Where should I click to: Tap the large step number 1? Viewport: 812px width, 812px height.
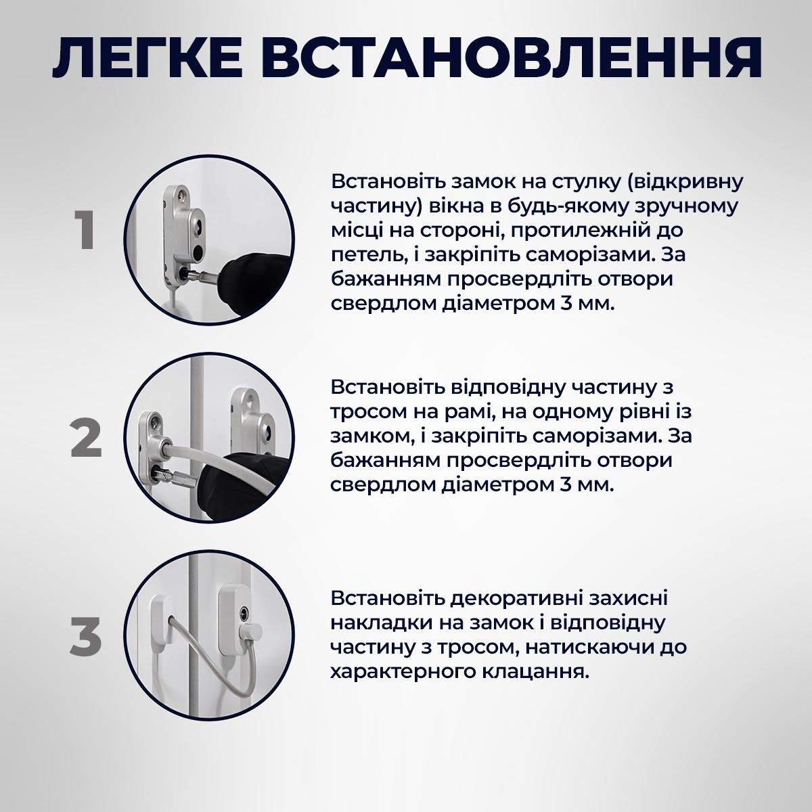[x=84, y=231]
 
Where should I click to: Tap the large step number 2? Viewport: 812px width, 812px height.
[x=86, y=438]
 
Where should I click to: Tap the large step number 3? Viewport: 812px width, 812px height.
[x=86, y=637]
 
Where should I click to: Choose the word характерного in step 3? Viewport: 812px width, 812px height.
[x=400, y=671]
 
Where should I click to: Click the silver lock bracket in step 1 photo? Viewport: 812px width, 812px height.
[x=181, y=230]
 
